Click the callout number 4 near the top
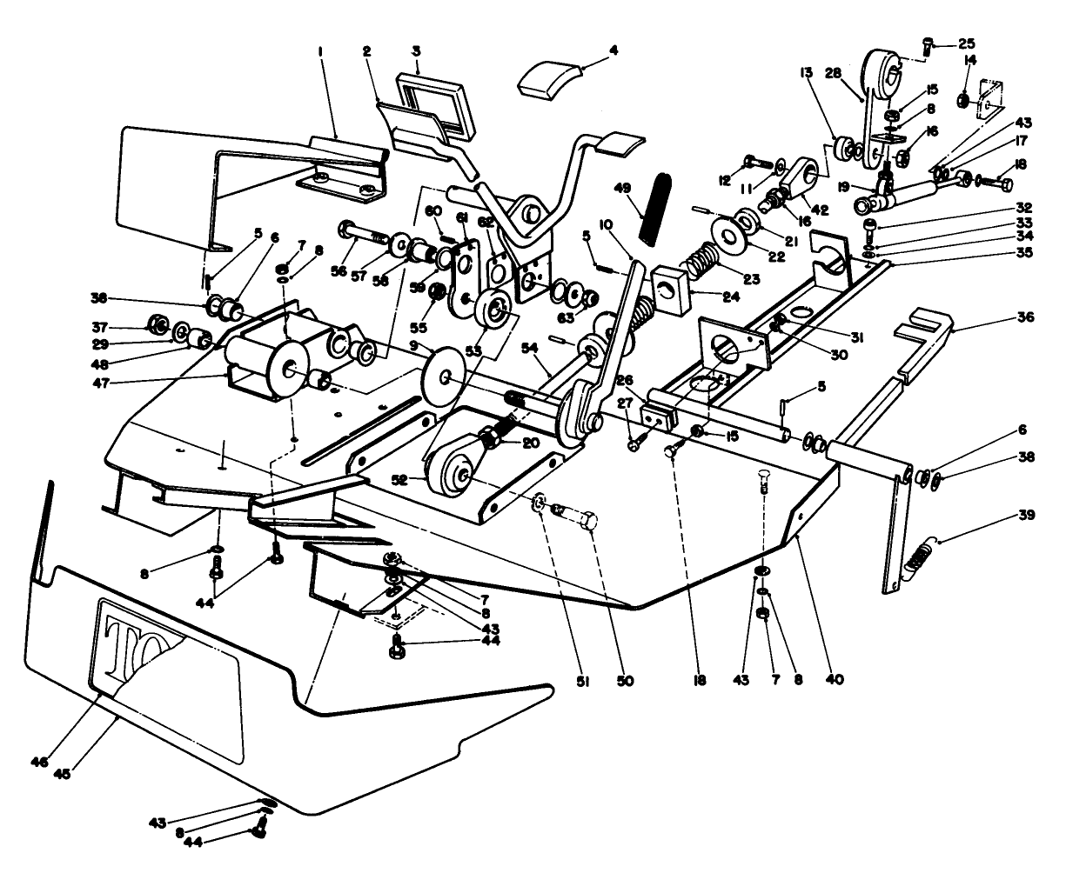click(613, 50)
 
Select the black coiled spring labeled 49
click(655, 210)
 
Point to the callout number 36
click(1025, 317)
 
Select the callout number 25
click(967, 43)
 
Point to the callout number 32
click(1024, 208)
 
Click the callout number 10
click(606, 224)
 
